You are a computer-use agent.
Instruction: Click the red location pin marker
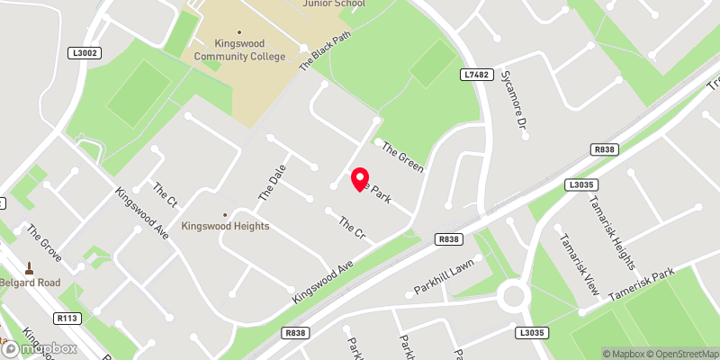[359, 178]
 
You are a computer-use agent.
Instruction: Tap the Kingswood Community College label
[240, 49]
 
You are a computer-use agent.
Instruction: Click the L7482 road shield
[477, 75]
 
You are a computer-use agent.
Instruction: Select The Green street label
[401, 157]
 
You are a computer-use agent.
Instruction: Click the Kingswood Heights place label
[225, 226]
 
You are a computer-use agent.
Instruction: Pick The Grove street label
[43, 243]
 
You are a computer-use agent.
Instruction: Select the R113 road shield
[67, 318]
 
